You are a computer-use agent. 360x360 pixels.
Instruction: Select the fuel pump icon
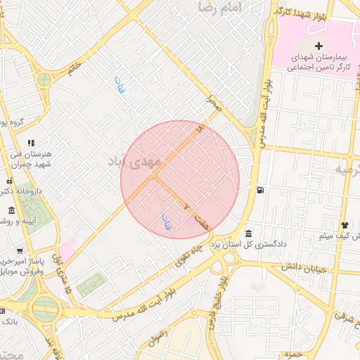(261, 190)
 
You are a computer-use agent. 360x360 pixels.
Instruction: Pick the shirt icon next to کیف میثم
(345, 225)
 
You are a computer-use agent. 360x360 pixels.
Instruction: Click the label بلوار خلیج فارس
(218, 302)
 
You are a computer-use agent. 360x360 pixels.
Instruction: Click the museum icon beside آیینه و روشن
(11, 211)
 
